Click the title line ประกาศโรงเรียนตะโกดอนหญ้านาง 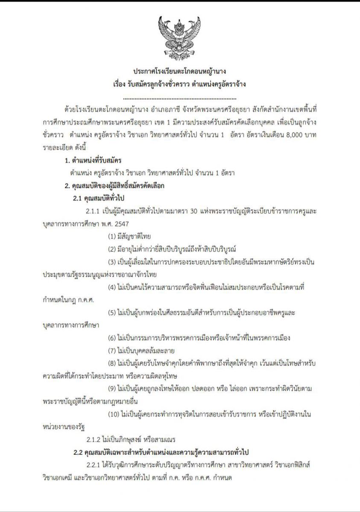[x=180, y=71]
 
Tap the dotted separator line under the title [x=180, y=97]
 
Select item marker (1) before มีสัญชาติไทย [x=112, y=236]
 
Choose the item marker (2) [x=112, y=249]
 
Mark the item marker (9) [x=112, y=389]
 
